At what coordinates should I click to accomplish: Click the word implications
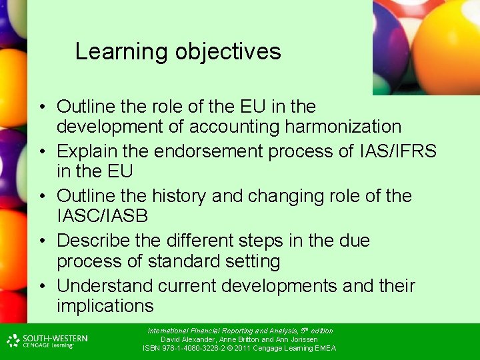coord(105,306)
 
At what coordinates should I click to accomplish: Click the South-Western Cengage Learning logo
coord(47,341)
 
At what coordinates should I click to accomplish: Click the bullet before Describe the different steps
coord(41,241)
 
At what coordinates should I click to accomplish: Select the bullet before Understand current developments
coord(41,287)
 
